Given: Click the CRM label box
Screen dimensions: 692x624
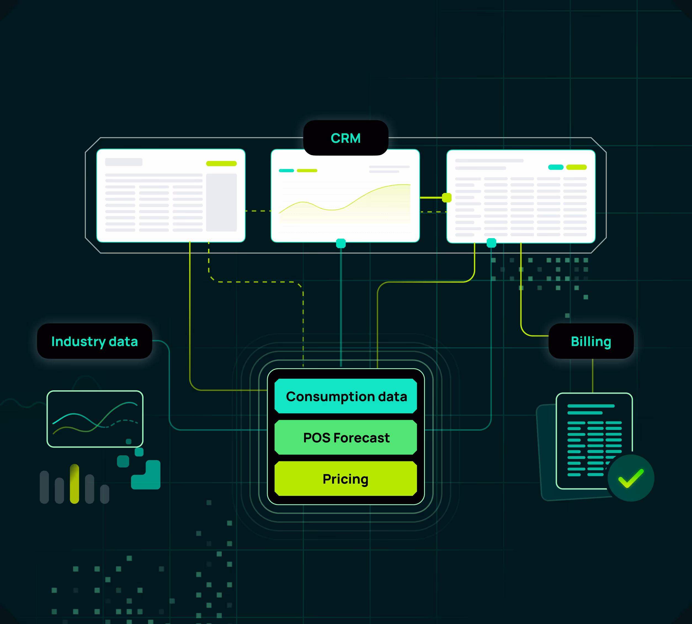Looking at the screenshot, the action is pyautogui.click(x=346, y=138).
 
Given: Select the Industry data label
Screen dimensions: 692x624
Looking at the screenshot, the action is pyautogui.click(x=94, y=341).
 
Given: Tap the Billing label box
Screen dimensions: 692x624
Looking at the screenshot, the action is pyautogui.click(x=591, y=341).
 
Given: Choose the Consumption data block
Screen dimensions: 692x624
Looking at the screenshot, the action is pyautogui.click(x=346, y=396).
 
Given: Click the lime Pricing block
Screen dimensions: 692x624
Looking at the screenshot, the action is pyautogui.click(x=346, y=479).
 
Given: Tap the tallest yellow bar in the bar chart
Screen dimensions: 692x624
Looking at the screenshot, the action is pyautogui.click(x=74, y=484).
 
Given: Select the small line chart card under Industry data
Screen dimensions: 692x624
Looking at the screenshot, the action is pyautogui.click(x=95, y=419).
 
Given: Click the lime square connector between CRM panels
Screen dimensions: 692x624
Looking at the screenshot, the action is pyautogui.click(x=447, y=198).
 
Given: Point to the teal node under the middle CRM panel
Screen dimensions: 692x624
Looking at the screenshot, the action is pyautogui.click(x=341, y=243).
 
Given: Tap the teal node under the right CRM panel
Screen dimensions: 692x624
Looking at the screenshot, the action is pyautogui.click(x=491, y=243).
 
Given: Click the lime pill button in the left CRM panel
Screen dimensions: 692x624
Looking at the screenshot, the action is pyautogui.click(x=221, y=163).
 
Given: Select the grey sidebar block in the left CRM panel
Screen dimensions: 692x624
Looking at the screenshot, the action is pyautogui.click(x=221, y=202).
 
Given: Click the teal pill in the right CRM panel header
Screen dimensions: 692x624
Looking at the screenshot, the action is pyautogui.click(x=556, y=167).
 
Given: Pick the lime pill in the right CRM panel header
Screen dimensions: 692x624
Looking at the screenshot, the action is pyautogui.click(x=576, y=167).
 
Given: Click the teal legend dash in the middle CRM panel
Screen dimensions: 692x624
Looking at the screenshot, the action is pyautogui.click(x=286, y=170).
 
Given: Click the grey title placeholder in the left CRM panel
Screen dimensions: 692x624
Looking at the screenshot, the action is pyautogui.click(x=124, y=162).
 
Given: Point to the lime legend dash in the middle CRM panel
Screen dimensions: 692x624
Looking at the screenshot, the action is pyautogui.click(x=307, y=170).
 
